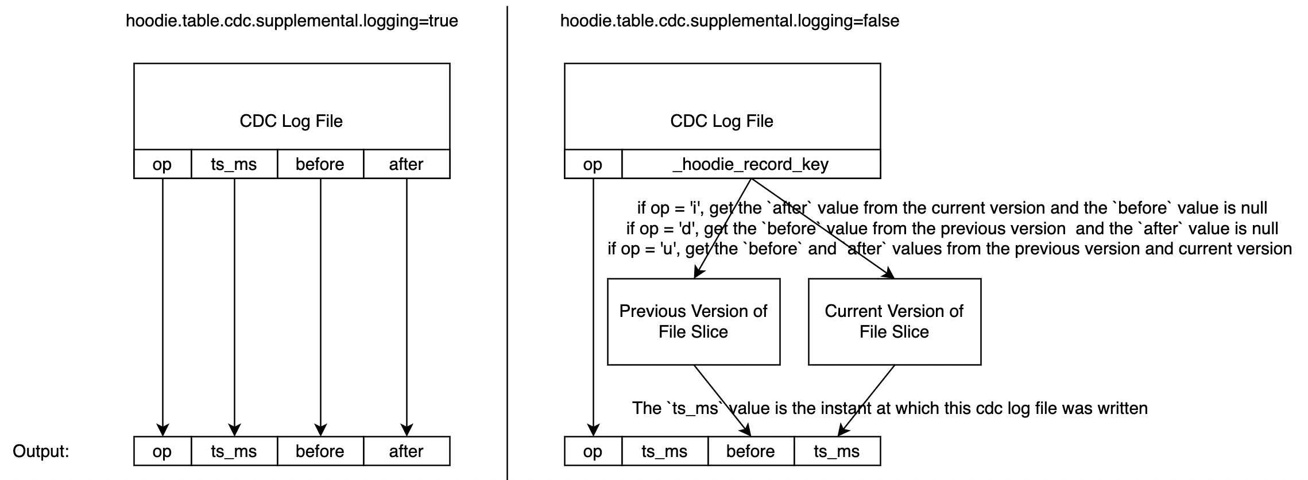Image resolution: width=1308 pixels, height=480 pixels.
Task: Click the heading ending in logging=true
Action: [x=292, y=21]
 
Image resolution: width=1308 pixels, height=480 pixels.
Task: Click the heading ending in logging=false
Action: [x=729, y=21]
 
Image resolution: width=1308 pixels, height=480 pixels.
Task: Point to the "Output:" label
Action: [x=41, y=451]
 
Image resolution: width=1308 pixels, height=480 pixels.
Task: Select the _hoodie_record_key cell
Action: [x=751, y=164]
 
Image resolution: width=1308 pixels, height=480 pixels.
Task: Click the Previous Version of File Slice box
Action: [x=694, y=322]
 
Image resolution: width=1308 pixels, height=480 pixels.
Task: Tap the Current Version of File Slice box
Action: [x=894, y=322]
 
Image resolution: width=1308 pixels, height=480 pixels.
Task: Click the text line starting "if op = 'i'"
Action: [x=952, y=208]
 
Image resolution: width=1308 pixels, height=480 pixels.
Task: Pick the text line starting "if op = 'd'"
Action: [x=952, y=229]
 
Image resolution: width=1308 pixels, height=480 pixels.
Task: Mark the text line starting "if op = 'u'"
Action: [x=950, y=249]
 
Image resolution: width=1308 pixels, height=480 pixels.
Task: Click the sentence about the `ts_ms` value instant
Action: [x=889, y=408]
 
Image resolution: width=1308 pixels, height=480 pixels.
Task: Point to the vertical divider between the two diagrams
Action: [x=507, y=241]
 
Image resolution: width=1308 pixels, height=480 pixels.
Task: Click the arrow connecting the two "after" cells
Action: [x=407, y=304]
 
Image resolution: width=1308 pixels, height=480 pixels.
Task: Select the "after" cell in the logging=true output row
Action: [x=407, y=451]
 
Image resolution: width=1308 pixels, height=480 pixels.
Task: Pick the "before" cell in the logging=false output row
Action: [x=750, y=451]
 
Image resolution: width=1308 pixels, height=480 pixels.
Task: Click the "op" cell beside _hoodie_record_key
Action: [x=593, y=164]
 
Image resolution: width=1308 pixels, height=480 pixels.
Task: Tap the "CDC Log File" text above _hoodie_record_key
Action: [x=722, y=121]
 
